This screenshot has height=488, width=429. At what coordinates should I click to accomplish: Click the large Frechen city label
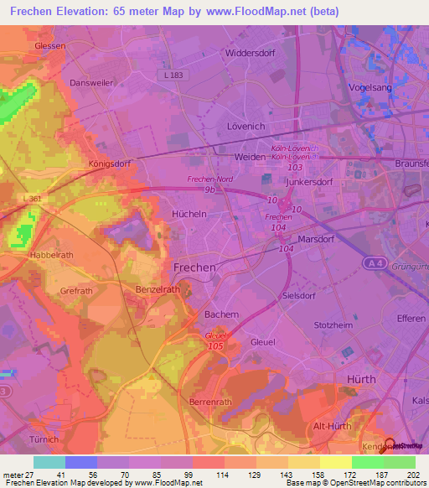coord(194,267)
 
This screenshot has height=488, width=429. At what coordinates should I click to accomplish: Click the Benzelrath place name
coord(158,288)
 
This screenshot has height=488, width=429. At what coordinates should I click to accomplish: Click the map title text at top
coord(214,13)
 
